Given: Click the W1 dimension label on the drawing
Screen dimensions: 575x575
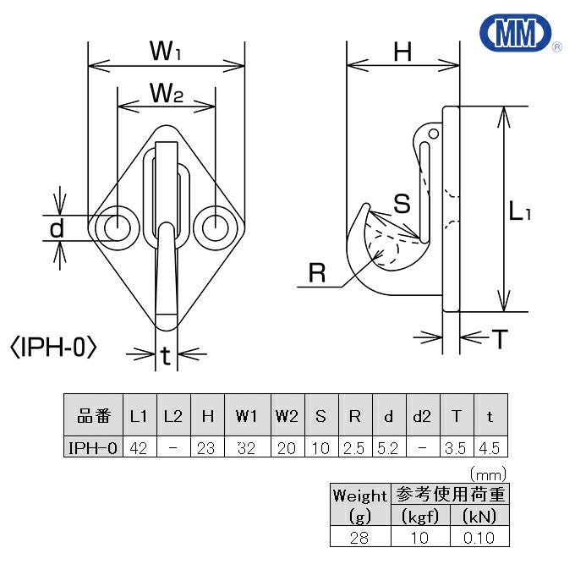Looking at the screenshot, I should click(167, 51).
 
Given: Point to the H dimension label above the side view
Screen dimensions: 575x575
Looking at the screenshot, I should click(402, 52).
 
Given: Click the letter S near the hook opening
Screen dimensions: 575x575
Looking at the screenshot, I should click(402, 203).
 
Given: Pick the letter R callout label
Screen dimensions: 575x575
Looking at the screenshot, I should click(317, 274).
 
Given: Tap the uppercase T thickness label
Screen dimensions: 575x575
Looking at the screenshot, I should click(501, 340).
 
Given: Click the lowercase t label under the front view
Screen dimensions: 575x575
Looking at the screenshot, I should click(166, 358).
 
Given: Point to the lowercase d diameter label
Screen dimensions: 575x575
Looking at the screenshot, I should click(57, 227).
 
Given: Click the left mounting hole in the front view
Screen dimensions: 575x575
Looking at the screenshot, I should click(116, 227).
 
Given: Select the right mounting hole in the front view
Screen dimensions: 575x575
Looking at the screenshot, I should click(215, 227).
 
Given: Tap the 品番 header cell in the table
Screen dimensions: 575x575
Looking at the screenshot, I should click(94, 416).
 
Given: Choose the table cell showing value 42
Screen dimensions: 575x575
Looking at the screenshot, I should click(139, 446).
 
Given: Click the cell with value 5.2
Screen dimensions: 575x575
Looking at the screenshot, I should click(388, 446).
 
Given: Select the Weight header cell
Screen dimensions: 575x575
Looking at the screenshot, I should click(359, 496).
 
